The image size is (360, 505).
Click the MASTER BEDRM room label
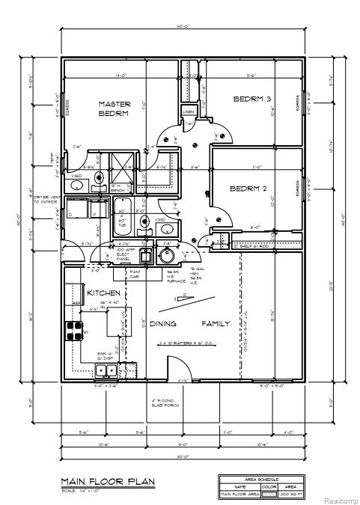114,108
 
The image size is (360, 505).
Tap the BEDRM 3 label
251,99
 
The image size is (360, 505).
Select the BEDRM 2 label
248,188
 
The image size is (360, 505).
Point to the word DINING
162,324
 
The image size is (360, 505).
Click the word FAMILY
216,324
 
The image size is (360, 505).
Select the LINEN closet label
189,111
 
